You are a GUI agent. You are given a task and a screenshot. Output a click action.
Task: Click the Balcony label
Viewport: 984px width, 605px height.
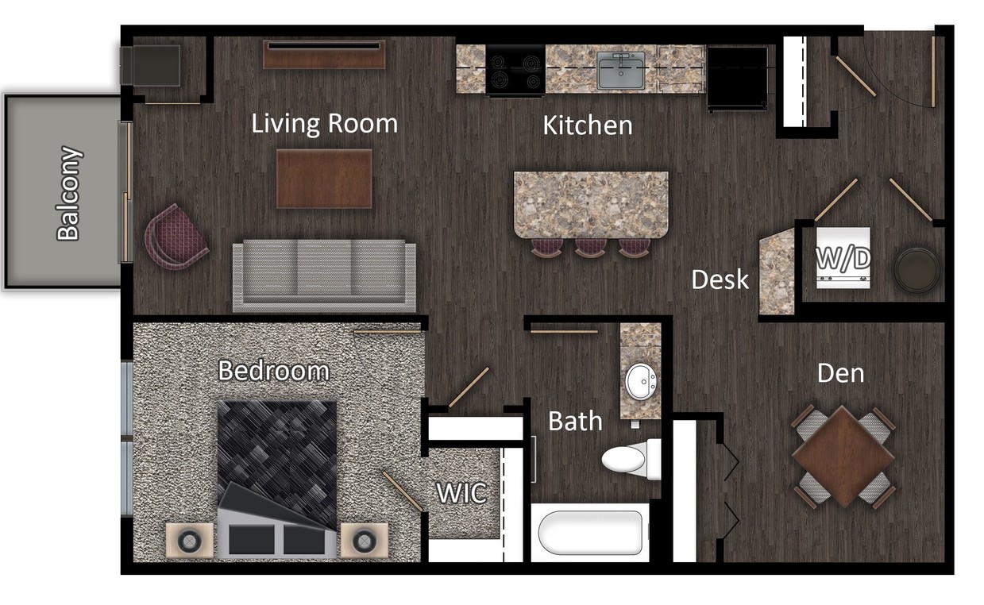point(69,193)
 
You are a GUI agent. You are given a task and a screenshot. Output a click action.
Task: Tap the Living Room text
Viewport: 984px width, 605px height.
point(324,124)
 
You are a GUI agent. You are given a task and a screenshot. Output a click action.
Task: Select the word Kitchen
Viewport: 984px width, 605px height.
point(588,125)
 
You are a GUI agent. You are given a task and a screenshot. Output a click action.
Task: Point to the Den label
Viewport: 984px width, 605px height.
point(841,372)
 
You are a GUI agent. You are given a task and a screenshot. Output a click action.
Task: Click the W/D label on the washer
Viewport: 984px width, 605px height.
point(843,259)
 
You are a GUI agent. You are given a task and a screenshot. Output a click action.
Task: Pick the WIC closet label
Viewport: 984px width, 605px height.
point(461,493)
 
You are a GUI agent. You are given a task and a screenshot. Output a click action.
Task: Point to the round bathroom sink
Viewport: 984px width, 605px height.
point(640,382)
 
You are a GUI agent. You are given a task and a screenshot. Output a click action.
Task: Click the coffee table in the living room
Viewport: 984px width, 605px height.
point(324,179)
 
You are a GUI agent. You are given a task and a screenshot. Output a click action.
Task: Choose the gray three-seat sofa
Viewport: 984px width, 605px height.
point(324,275)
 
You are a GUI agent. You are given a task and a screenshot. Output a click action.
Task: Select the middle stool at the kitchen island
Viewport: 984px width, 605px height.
point(590,247)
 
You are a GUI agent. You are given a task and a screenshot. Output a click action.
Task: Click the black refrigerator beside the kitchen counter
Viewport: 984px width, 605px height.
point(738,77)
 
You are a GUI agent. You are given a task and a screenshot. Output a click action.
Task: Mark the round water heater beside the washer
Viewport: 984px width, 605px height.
point(916,270)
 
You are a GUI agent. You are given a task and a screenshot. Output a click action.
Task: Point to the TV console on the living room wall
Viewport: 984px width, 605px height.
point(324,55)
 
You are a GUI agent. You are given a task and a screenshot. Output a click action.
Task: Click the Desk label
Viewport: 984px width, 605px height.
point(720,279)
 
